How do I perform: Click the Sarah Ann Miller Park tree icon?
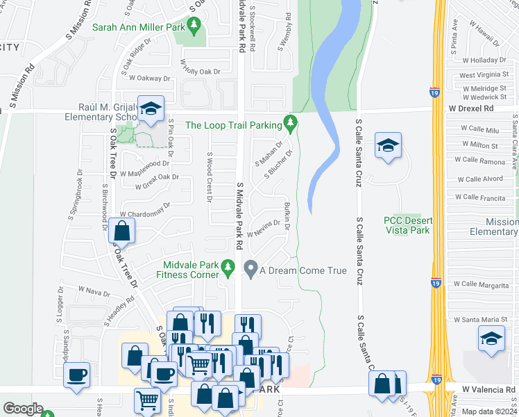(196, 27)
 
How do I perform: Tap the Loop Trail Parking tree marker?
(291, 125)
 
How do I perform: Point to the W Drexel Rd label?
(470, 109)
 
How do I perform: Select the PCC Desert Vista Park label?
(407, 225)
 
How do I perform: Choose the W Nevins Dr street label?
(263, 229)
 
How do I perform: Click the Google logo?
(23, 409)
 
